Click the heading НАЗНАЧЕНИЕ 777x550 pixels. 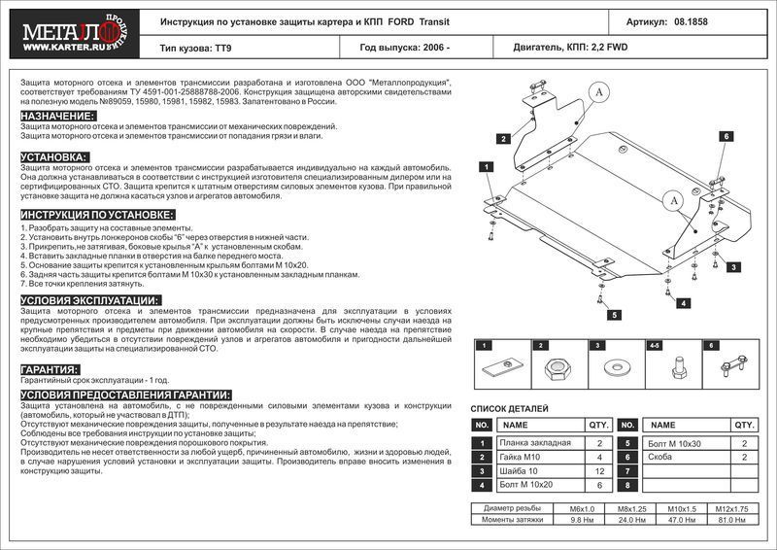57,116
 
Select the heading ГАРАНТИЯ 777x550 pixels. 50,370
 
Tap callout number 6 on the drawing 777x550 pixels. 725,137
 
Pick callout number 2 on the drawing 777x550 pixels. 504,139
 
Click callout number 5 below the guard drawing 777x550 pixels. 615,315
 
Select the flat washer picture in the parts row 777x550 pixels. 616,368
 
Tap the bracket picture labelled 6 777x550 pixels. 727,367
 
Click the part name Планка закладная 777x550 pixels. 527,442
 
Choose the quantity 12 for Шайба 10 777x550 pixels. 599,470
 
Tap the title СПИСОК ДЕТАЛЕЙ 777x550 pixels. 510,409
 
